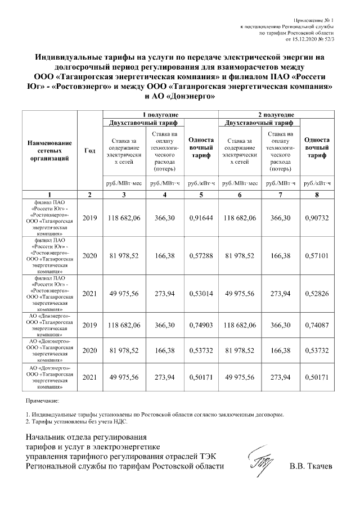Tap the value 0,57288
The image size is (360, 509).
click(201, 255)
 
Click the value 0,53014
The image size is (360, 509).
click(201, 293)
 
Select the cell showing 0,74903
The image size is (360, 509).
click(201, 325)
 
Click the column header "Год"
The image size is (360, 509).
click(89, 150)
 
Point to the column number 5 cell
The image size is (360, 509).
click(201, 194)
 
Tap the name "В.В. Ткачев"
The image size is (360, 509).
click(311, 466)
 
